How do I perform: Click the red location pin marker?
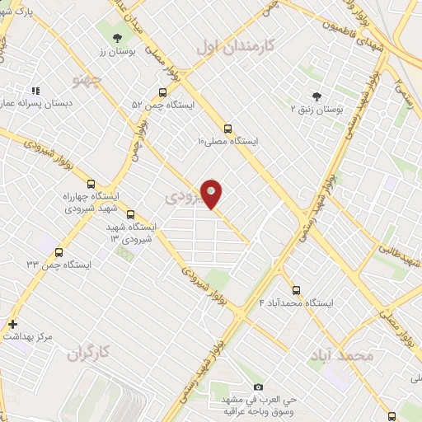(x=212, y=194)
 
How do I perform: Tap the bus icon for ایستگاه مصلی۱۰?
(x=227, y=128)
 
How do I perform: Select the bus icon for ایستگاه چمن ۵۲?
(x=162, y=92)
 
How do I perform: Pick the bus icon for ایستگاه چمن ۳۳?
(x=58, y=251)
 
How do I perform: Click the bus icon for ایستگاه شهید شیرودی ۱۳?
(x=131, y=213)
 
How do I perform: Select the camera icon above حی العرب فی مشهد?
(x=258, y=387)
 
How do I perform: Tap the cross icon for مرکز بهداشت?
(x=12, y=324)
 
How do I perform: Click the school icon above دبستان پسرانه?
(x=35, y=91)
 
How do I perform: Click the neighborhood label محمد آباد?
(x=341, y=356)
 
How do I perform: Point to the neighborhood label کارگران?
(x=90, y=354)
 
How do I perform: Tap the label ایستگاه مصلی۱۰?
(x=227, y=141)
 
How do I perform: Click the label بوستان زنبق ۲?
(x=317, y=109)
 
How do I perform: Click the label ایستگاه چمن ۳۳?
(x=58, y=265)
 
